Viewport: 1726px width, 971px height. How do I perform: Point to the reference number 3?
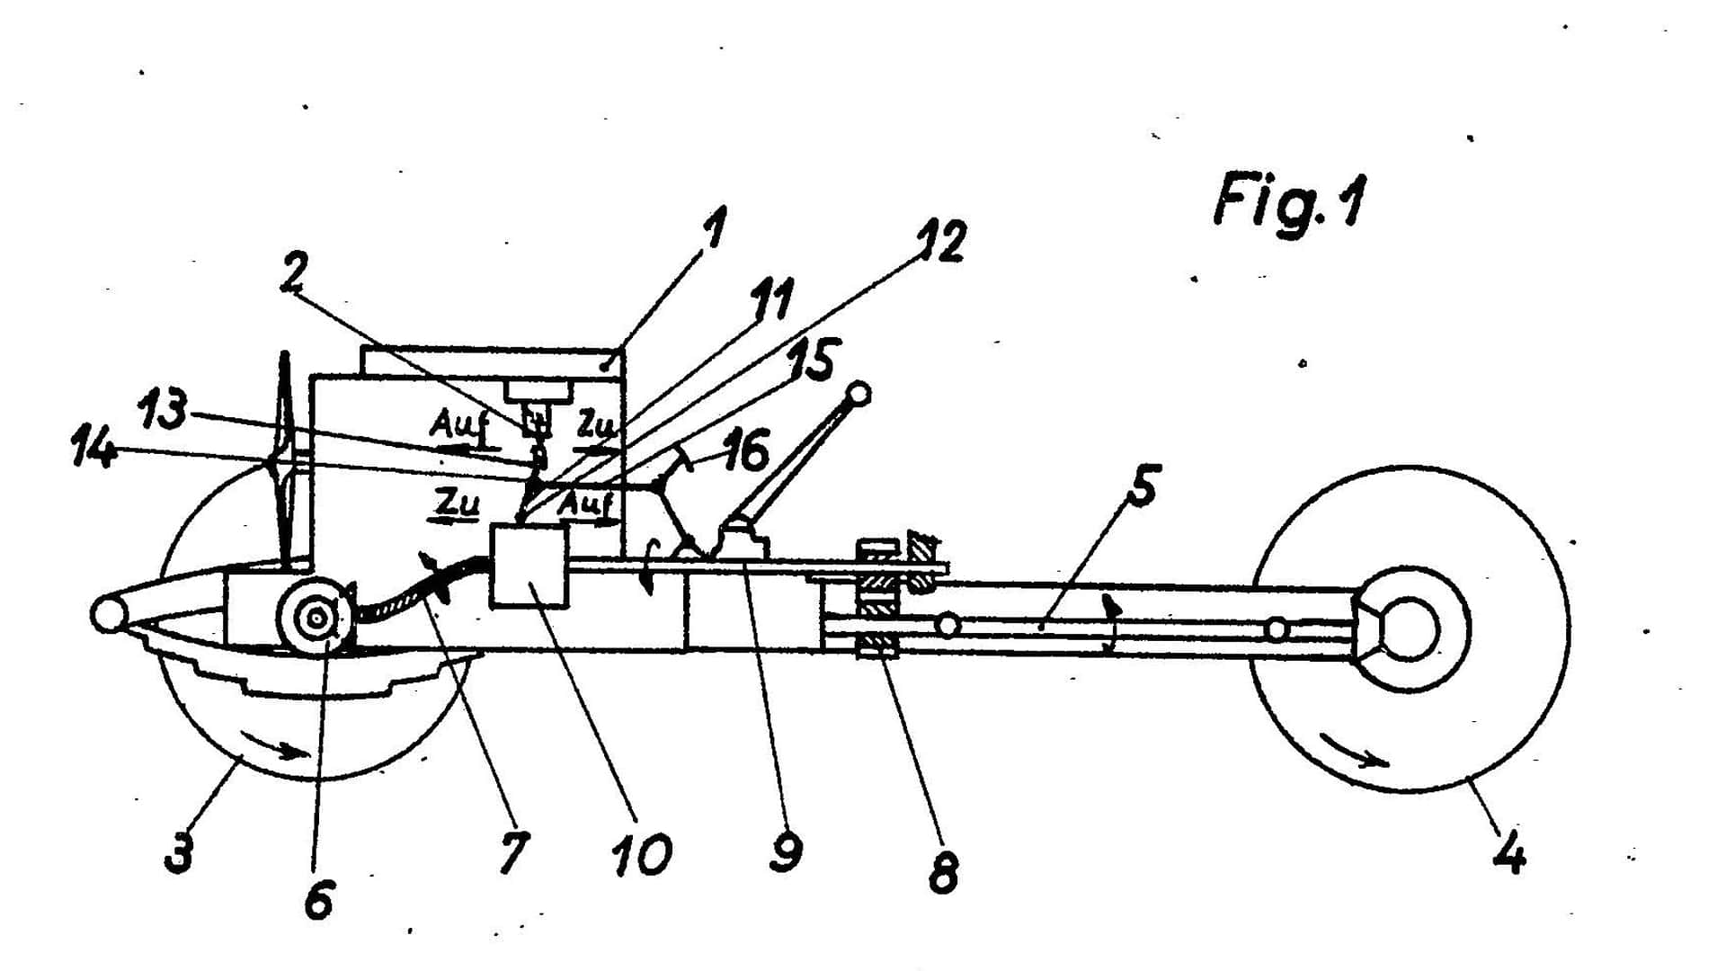[179, 851]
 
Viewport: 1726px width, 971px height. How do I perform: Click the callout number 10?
[642, 854]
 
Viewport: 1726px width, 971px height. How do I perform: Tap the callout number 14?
[93, 448]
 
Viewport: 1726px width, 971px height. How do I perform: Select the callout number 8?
[943, 870]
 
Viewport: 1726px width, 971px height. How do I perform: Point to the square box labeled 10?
[529, 566]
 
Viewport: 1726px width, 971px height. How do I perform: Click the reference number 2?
[294, 273]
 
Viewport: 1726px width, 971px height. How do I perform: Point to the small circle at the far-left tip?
[106, 614]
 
